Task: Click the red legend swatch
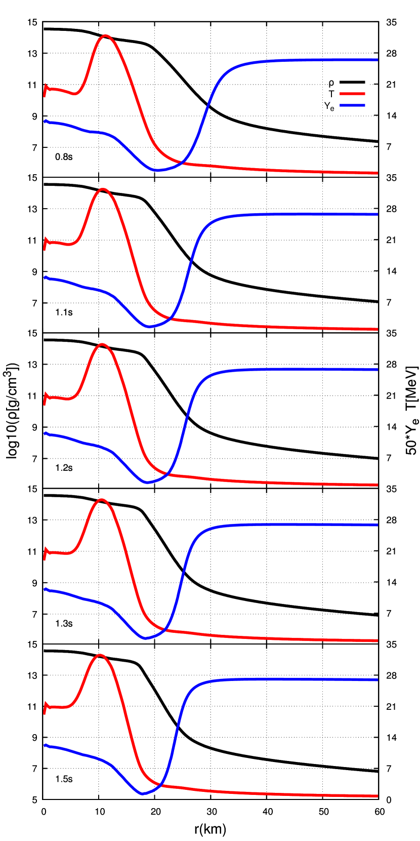coord(352,94)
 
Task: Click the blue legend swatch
coord(352,105)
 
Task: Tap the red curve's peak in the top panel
coord(105,35)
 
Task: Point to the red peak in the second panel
coord(103,189)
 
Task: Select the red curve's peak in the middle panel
coord(102,344)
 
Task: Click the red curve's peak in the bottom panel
coord(100,655)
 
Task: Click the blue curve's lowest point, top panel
coord(158,170)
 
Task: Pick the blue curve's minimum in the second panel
coord(149,327)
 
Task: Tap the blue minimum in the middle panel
coord(147,483)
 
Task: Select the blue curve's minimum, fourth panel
coord(146,638)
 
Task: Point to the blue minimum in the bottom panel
coord(143,794)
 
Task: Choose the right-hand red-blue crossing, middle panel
coord(167,474)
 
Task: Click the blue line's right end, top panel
coord(377,60)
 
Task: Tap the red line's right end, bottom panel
coord(377,796)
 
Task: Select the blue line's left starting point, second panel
coord(46,277)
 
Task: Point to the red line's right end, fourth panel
coord(377,641)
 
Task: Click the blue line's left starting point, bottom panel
coord(46,745)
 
